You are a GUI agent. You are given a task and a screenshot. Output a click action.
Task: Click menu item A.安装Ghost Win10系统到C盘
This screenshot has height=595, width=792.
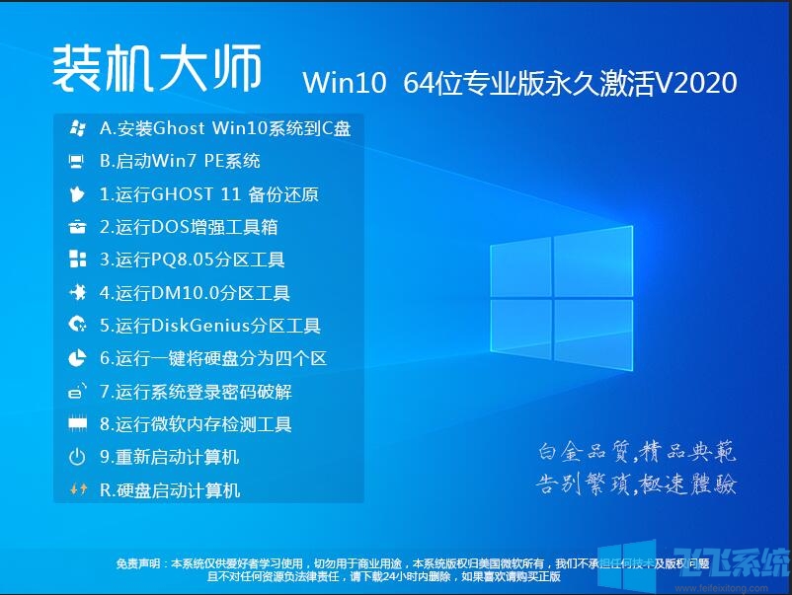(225, 128)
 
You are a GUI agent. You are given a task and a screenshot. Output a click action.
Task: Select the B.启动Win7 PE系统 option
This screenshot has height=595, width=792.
(180, 161)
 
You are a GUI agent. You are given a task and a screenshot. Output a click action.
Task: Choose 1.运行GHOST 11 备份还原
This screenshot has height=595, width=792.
(209, 194)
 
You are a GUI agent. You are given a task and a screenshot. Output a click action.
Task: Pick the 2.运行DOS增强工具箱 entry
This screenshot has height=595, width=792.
(189, 227)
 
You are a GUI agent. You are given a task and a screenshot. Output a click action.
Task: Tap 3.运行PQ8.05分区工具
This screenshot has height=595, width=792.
(193, 260)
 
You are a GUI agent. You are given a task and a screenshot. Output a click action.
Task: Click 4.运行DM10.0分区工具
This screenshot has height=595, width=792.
(195, 293)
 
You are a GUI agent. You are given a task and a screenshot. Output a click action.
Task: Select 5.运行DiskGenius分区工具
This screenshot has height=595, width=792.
(210, 326)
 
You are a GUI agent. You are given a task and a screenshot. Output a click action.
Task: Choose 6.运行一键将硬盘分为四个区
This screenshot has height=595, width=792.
(213, 359)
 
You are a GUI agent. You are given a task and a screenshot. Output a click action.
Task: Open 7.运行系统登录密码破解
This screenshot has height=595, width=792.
(196, 392)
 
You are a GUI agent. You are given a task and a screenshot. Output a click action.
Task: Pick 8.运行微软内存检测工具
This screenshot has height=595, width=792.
(196, 424)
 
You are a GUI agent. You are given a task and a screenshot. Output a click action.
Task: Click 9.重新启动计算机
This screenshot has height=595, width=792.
(170, 457)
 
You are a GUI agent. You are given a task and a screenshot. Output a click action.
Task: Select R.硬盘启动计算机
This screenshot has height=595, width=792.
(170, 490)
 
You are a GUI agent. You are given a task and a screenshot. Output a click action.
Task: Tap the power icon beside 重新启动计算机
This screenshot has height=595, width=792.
(77, 457)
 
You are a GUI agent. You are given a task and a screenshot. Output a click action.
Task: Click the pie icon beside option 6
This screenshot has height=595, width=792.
(77, 359)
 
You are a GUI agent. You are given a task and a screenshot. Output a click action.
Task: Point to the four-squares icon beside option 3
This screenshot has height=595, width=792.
(77, 260)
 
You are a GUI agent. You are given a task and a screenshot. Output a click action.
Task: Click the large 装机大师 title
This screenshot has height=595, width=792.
(157, 70)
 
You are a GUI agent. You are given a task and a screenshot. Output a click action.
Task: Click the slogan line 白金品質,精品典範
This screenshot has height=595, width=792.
(637, 453)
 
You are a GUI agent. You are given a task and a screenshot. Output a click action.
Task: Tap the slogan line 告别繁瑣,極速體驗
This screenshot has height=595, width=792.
(637, 485)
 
